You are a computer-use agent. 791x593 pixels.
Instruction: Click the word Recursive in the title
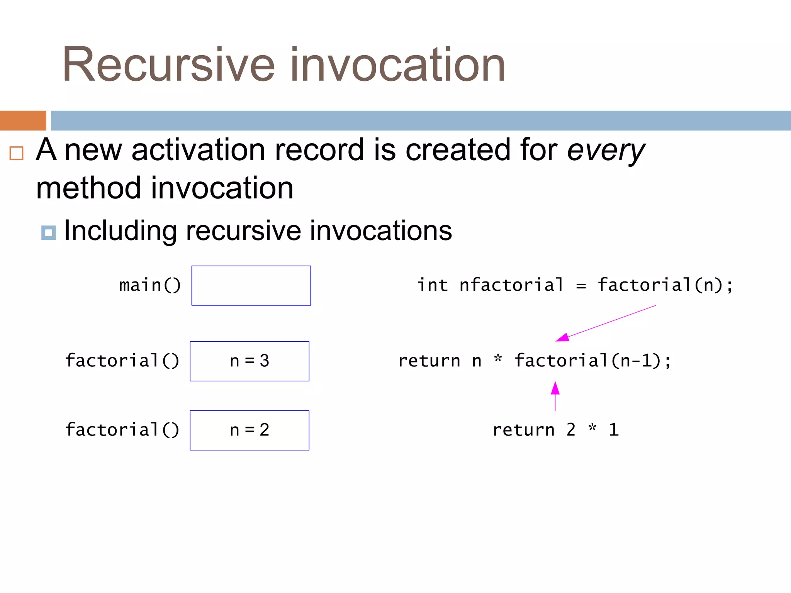tap(168, 65)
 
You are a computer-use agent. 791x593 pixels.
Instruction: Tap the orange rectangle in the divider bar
tap(23, 120)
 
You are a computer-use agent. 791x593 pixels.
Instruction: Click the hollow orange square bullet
tap(16, 153)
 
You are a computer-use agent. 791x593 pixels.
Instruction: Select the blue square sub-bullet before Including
tap(48, 233)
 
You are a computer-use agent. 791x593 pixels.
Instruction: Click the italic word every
tap(606, 151)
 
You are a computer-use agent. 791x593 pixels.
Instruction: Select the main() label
tap(150, 286)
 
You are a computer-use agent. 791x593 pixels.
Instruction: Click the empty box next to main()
tap(251, 286)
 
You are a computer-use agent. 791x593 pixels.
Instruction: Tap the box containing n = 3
tap(250, 361)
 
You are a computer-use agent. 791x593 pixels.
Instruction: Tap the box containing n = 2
tap(250, 430)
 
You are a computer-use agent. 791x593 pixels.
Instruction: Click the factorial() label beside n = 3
tap(122, 361)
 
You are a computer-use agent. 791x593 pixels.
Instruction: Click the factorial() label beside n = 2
tap(122, 430)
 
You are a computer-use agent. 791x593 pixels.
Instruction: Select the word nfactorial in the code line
tap(511, 285)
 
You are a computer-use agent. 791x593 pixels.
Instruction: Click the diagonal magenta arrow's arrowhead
tap(562, 337)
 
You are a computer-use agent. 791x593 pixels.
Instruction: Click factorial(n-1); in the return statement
tap(593, 361)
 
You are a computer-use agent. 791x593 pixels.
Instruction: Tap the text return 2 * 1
tap(555, 430)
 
